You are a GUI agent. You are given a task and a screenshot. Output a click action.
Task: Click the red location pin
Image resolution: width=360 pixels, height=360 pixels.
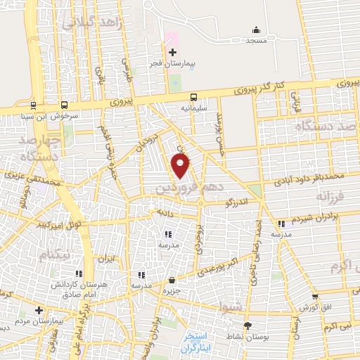click(x=181, y=167)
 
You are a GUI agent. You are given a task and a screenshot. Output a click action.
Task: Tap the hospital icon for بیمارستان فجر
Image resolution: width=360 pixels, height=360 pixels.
click(x=172, y=52)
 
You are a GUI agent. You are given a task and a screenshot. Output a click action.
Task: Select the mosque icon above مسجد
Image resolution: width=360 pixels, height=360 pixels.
click(x=256, y=30)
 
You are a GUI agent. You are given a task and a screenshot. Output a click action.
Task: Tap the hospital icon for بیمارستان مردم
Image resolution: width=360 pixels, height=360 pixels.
click(x=39, y=310)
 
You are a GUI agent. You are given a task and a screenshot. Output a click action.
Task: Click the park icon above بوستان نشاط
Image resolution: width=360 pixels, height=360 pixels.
click(x=247, y=325)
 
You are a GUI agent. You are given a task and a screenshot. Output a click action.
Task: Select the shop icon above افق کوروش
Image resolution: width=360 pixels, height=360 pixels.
click(x=314, y=297)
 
